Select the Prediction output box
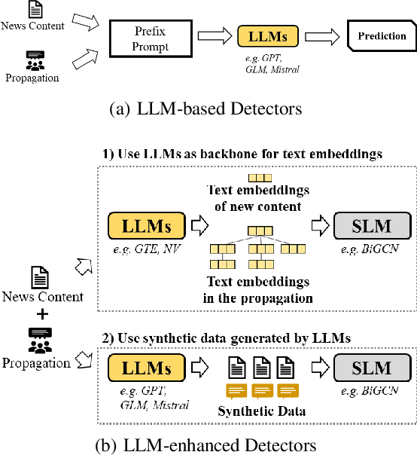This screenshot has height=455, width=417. tap(381, 36)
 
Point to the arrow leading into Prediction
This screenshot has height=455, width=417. tap(324, 36)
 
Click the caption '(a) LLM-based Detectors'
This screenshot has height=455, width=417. tap(205, 109)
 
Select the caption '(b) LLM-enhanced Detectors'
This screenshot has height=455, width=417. tap(205, 444)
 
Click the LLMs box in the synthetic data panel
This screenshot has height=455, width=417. tap(148, 368)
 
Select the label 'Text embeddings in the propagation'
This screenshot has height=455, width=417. tap(258, 289)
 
